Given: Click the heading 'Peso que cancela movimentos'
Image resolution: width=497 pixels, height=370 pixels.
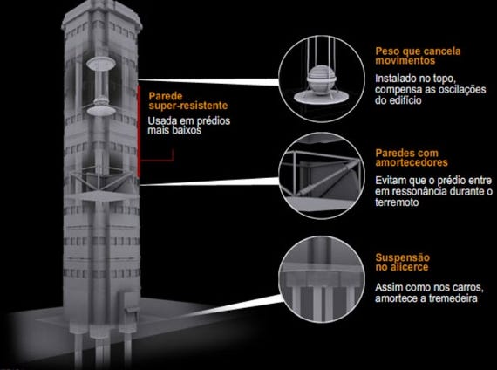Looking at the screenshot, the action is pyautogui.click(x=418, y=56).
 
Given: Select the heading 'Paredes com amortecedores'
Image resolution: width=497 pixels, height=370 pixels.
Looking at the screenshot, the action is pyautogui.click(x=412, y=158).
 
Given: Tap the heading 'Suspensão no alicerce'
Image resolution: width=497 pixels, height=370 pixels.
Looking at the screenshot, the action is pyautogui.click(x=402, y=262).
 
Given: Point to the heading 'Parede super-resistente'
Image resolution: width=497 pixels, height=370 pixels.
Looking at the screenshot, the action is pyautogui.click(x=188, y=101).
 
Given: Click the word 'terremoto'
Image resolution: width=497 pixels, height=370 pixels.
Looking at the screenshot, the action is pyautogui.click(x=397, y=202).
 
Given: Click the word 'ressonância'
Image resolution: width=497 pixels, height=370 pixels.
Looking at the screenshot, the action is pyautogui.click(x=416, y=192).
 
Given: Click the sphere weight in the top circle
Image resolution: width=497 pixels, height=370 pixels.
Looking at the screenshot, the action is pyautogui.click(x=322, y=80).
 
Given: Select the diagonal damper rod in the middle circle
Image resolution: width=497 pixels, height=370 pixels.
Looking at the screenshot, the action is pyautogui.click(x=327, y=178).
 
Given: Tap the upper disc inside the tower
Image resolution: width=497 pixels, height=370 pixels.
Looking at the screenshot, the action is pyautogui.click(x=101, y=64).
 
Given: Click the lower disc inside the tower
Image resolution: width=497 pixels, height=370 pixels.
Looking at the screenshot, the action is pyautogui.click(x=101, y=111).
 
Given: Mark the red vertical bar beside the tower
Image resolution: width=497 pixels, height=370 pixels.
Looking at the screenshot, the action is pyautogui.click(x=139, y=131).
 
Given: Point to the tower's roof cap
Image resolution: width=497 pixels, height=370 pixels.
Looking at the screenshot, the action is pyautogui.click(x=102, y=16).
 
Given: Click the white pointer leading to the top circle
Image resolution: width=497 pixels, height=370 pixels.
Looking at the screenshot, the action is pyautogui.click(x=208, y=81).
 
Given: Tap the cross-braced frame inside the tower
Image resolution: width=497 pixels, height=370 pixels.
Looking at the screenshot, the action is pyautogui.click(x=101, y=180).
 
